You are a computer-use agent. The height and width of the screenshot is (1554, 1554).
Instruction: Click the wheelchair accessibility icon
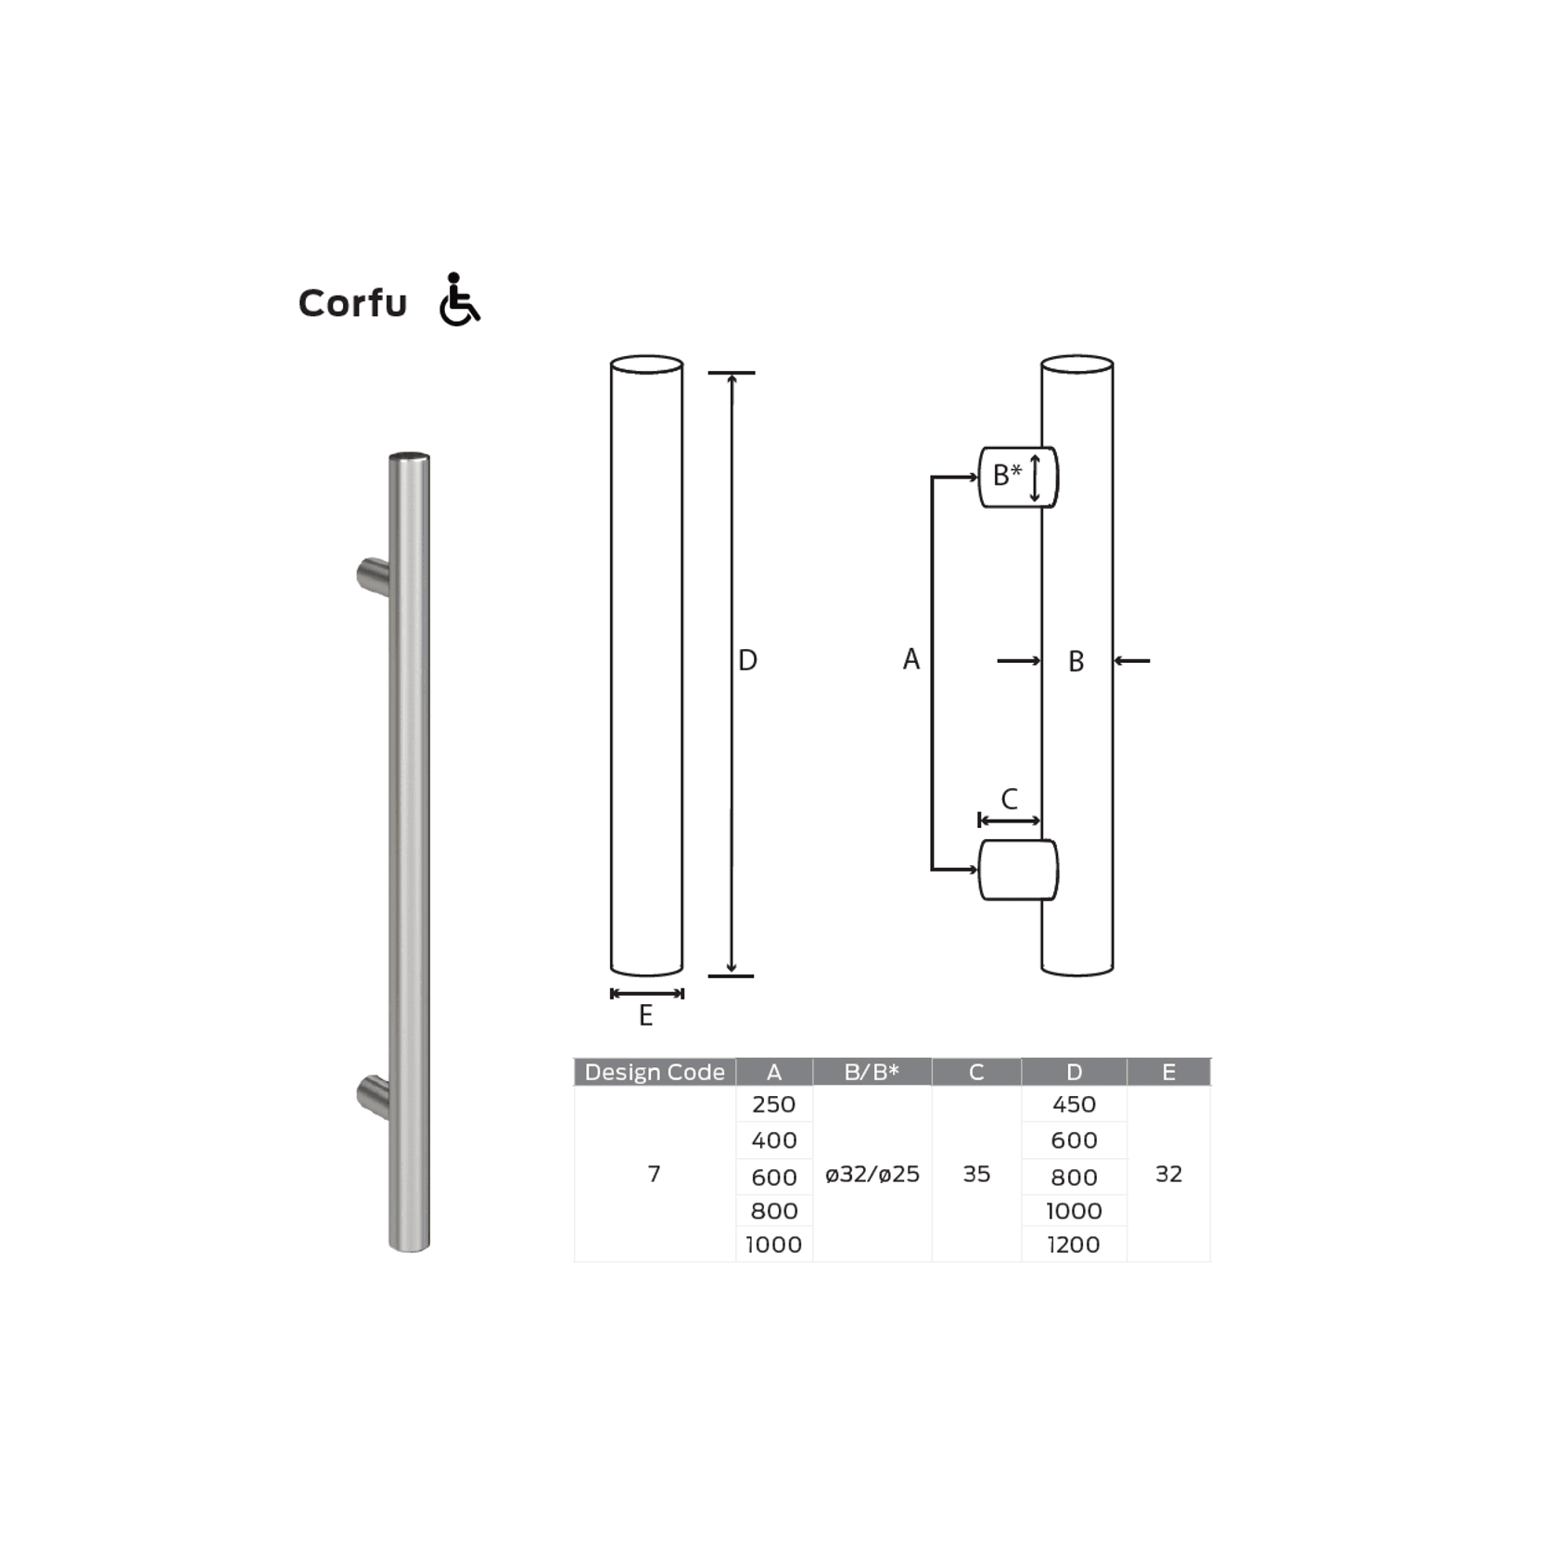point(459,299)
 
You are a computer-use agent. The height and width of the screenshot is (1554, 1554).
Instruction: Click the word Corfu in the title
point(352,303)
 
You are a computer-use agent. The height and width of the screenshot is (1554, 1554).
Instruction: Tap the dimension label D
point(747,660)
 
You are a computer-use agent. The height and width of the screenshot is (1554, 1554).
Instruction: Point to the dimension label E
point(646,1016)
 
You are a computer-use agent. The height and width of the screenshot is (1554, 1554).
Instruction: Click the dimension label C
point(1010,798)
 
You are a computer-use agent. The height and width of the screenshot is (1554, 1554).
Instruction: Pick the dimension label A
point(911,659)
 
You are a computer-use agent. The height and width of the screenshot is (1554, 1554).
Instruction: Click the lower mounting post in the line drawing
point(1017,870)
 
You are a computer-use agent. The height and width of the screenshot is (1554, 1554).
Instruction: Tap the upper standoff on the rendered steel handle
point(374,577)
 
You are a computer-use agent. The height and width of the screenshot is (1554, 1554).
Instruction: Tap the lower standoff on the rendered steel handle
point(374,1096)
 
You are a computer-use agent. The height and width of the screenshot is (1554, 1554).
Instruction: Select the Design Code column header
point(655,1072)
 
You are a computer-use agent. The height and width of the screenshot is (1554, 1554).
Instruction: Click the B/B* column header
point(872,1072)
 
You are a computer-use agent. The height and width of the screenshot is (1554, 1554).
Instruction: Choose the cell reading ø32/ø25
point(872,1174)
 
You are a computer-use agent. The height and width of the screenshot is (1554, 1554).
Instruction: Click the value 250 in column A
point(773,1104)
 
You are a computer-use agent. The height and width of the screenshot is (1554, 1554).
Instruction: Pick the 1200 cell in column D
point(1074,1244)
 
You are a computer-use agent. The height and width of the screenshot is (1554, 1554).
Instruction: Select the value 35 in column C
point(976,1174)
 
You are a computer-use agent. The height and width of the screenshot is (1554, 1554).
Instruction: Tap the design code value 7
point(654,1174)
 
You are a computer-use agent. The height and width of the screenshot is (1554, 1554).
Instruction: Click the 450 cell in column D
point(1074,1104)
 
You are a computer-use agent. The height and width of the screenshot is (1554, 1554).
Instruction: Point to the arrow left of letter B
point(1019,661)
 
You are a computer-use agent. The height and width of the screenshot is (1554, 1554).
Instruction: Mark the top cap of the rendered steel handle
point(409,457)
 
